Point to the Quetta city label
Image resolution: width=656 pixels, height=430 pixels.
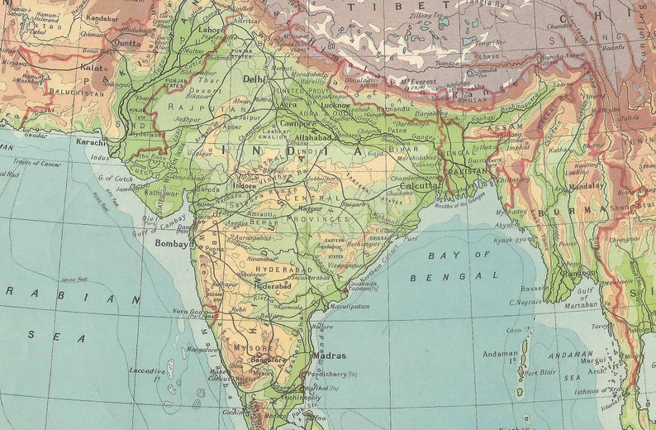tap(127, 43)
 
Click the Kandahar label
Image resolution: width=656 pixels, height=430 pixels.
tap(102, 17)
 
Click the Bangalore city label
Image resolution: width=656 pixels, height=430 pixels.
tap(266, 361)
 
